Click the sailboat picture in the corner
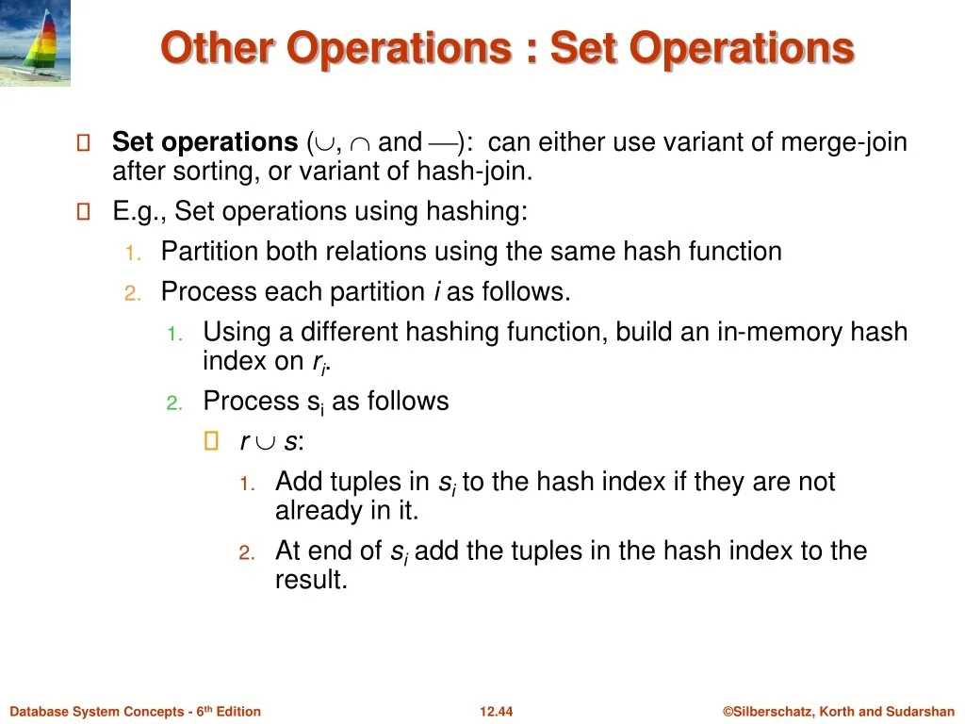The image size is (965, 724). coord(35,42)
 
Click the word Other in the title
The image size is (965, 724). coord(218,47)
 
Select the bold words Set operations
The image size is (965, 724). coord(204,142)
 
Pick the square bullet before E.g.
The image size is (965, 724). coord(83,212)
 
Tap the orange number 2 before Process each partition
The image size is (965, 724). coord(132,294)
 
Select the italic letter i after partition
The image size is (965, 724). coord(436,291)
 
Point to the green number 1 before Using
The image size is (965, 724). coord(174,335)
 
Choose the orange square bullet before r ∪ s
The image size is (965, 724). coord(211,441)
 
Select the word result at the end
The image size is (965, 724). coord(311,580)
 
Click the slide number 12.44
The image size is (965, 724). coord(496,712)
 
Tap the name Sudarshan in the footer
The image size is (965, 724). coord(920,712)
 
